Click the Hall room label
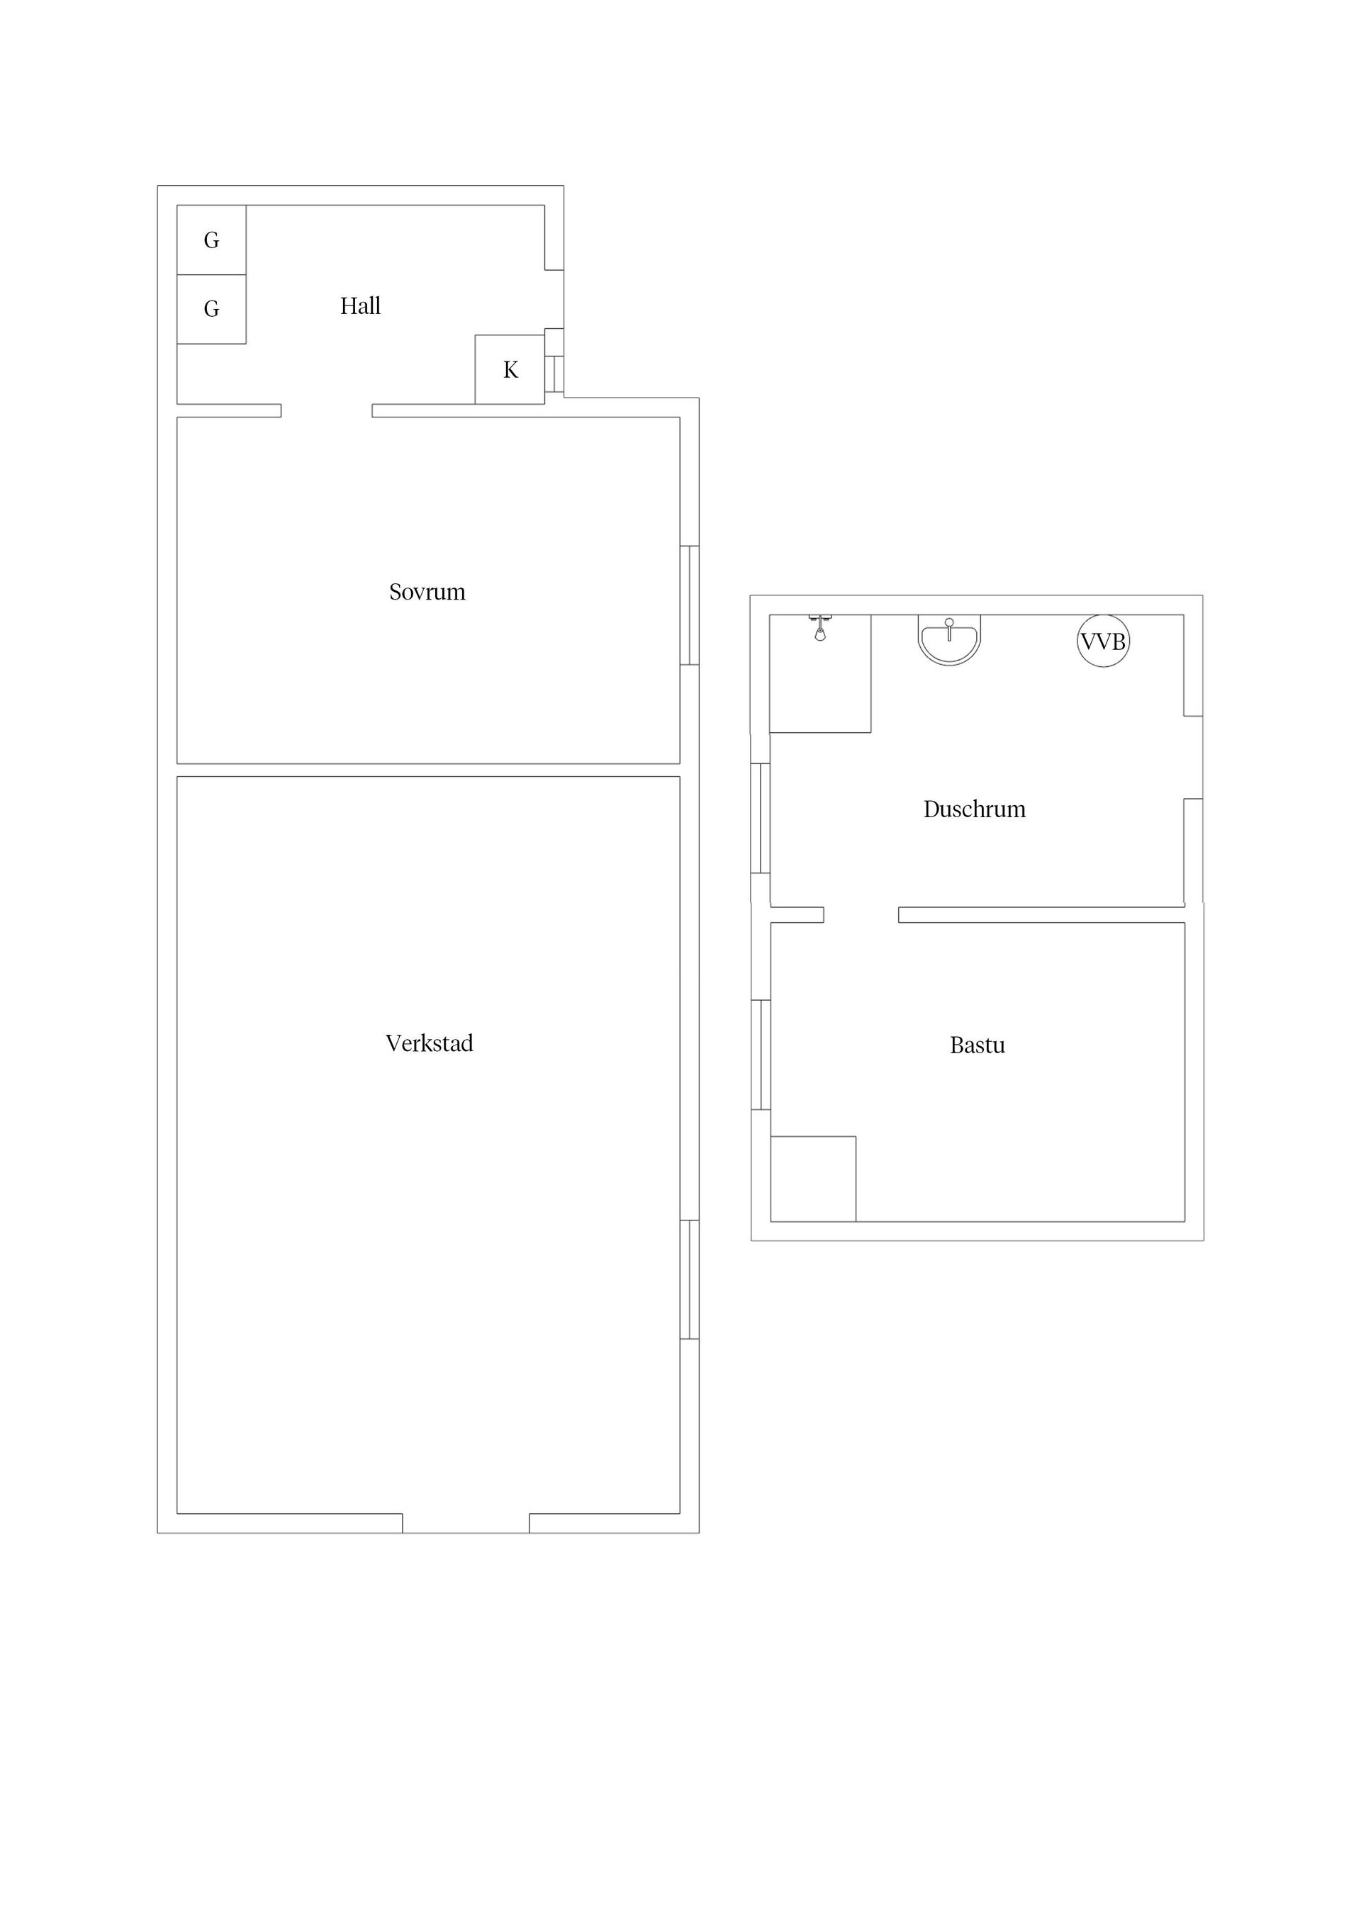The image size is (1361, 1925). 361,306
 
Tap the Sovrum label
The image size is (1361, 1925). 427,592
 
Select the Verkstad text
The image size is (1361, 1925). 430,1043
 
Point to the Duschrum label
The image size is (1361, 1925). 975,809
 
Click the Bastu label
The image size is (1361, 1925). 977,1045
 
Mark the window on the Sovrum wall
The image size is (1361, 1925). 689,605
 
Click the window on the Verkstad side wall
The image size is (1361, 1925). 689,1279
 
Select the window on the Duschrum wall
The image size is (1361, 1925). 761,819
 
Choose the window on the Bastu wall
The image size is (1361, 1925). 761,1055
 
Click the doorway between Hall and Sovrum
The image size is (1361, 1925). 326,411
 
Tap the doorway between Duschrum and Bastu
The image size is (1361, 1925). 861,915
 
